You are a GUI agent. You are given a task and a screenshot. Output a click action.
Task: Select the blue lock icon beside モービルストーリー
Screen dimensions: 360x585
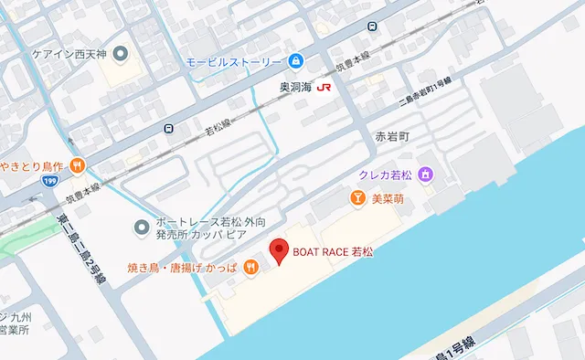click(295, 62)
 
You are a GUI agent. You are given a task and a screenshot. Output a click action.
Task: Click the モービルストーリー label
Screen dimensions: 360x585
click(234, 62)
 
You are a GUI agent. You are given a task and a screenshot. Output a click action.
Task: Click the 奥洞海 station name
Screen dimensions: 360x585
click(295, 88)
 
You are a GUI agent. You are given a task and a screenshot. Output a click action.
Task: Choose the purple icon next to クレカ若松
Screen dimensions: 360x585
click(425, 174)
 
